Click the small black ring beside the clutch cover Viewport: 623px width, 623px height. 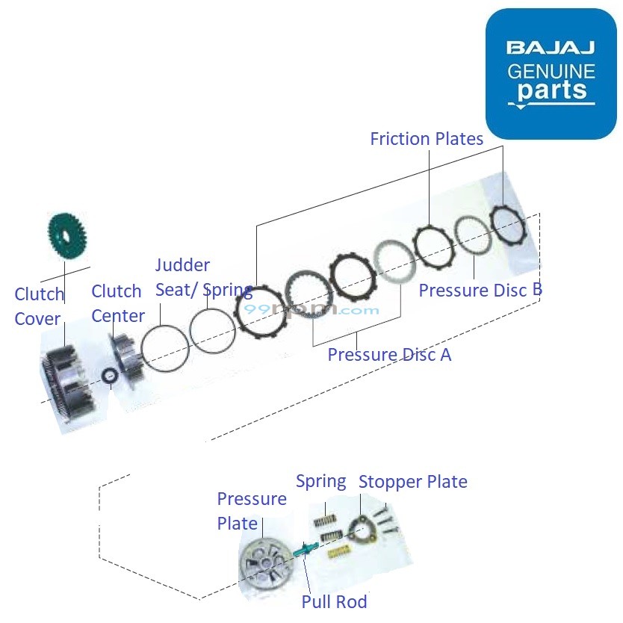point(110,376)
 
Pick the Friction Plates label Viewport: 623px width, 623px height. point(427,139)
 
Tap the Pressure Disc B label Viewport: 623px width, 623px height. point(480,291)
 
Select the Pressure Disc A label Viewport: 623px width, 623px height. point(389,354)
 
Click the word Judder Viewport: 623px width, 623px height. point(182,265)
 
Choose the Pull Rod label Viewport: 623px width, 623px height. point(334,601)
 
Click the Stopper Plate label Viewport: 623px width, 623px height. point(412,482)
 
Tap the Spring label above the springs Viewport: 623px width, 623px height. point(320,481)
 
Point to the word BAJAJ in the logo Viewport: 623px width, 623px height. point(551,49)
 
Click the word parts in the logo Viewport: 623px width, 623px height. point(551,91)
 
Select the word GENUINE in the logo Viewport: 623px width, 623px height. point(551,72)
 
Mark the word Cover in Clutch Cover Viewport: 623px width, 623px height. point(37,319)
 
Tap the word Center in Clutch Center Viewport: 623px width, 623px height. point(118,316)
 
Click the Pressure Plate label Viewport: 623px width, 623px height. point(251,511)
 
